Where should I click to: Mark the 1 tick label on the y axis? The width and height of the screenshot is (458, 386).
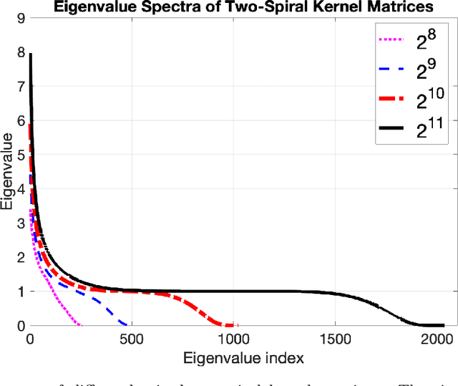tap(20, 291)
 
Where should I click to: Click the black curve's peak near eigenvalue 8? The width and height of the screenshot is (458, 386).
tap(30, 54)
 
